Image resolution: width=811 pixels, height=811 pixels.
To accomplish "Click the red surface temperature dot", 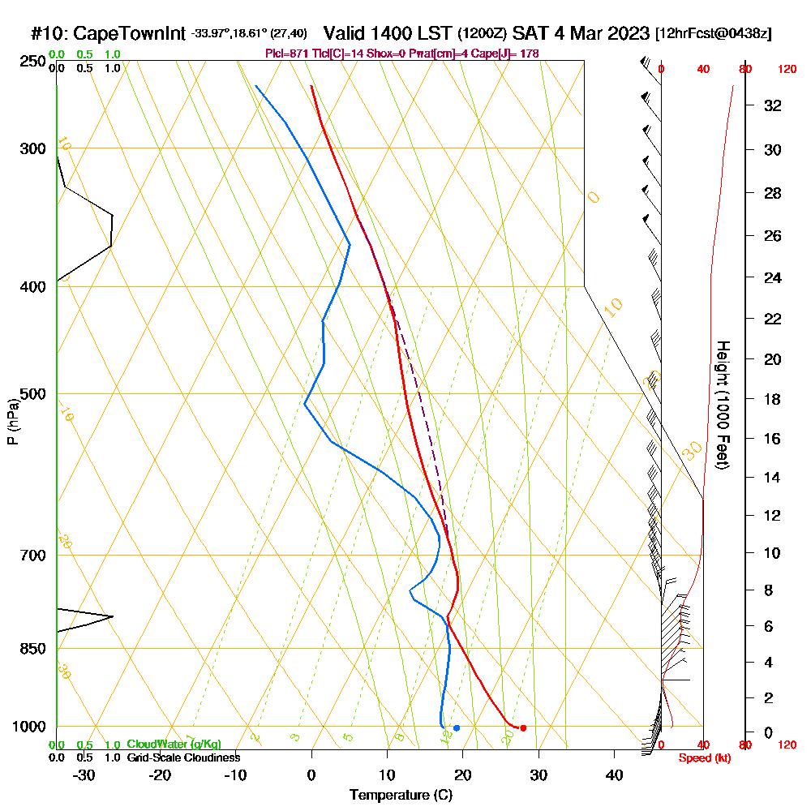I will (x=523, y=727).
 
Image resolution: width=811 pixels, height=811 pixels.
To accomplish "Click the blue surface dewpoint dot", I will (x=457, y=727).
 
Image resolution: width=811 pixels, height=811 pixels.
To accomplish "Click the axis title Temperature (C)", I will (x=401, y=796).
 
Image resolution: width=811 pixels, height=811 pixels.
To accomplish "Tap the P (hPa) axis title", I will (x=11, y=422).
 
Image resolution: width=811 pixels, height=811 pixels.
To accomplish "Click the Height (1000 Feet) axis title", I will (x=722, y=405).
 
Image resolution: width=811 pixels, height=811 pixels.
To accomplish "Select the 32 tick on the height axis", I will (x=773, y=105).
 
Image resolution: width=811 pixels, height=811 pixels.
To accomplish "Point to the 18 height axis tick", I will (x=773, y=399).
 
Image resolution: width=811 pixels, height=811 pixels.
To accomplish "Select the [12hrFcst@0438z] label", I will (x=714, y=33).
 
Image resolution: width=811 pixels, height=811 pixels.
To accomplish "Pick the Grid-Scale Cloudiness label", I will (x=183, y=757).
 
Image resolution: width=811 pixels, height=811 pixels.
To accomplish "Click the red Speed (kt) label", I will (x=702, y=758).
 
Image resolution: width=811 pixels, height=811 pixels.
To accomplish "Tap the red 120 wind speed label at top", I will (x=787, y=70).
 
